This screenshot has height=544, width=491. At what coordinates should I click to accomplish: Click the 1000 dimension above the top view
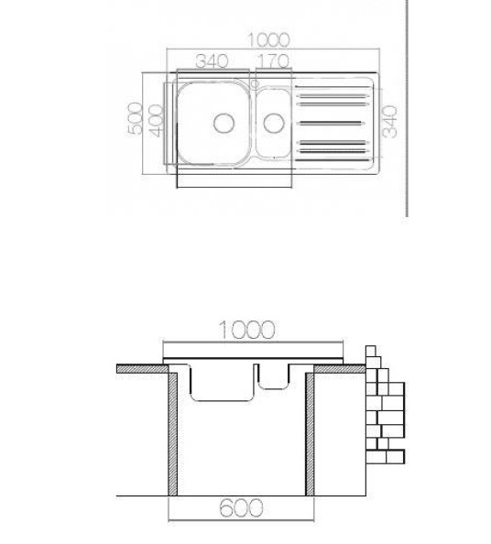click(x=268, y=40)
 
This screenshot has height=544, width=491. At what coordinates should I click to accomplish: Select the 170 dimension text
click(x=272, y=61)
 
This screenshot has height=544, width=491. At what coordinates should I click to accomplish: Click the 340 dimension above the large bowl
click(x=212, y=61)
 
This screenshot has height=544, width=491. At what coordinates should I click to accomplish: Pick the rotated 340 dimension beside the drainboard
click(x=390, y=121)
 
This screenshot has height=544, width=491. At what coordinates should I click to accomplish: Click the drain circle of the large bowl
click(x=224, y=122)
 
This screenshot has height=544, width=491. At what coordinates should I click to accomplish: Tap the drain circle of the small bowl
click(x=271, y=122)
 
